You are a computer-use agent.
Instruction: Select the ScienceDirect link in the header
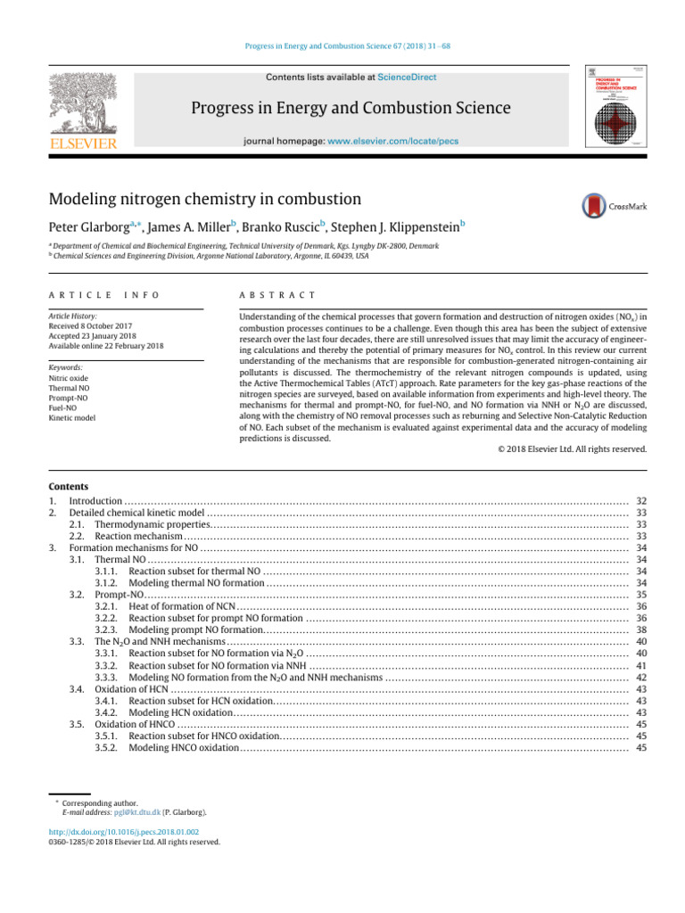407,78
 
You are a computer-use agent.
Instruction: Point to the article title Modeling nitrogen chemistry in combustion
205,200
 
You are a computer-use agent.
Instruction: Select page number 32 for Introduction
640,502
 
